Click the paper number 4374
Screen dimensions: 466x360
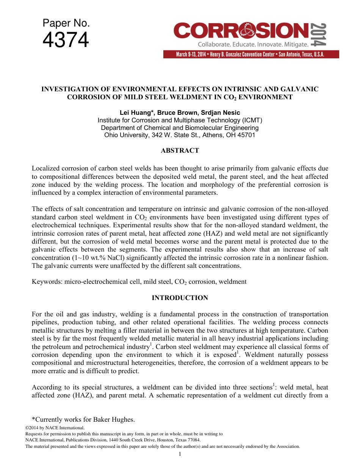(66, 40)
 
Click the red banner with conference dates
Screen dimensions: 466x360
(251, 54)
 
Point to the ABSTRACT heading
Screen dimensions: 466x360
(180, 150)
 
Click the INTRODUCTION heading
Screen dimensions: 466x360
(180, 298)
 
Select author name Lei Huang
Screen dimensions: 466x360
(135, 113)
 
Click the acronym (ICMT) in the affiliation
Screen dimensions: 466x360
(250, 120)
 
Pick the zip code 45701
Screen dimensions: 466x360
(247, 135)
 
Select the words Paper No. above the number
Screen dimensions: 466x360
(66, 23)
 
